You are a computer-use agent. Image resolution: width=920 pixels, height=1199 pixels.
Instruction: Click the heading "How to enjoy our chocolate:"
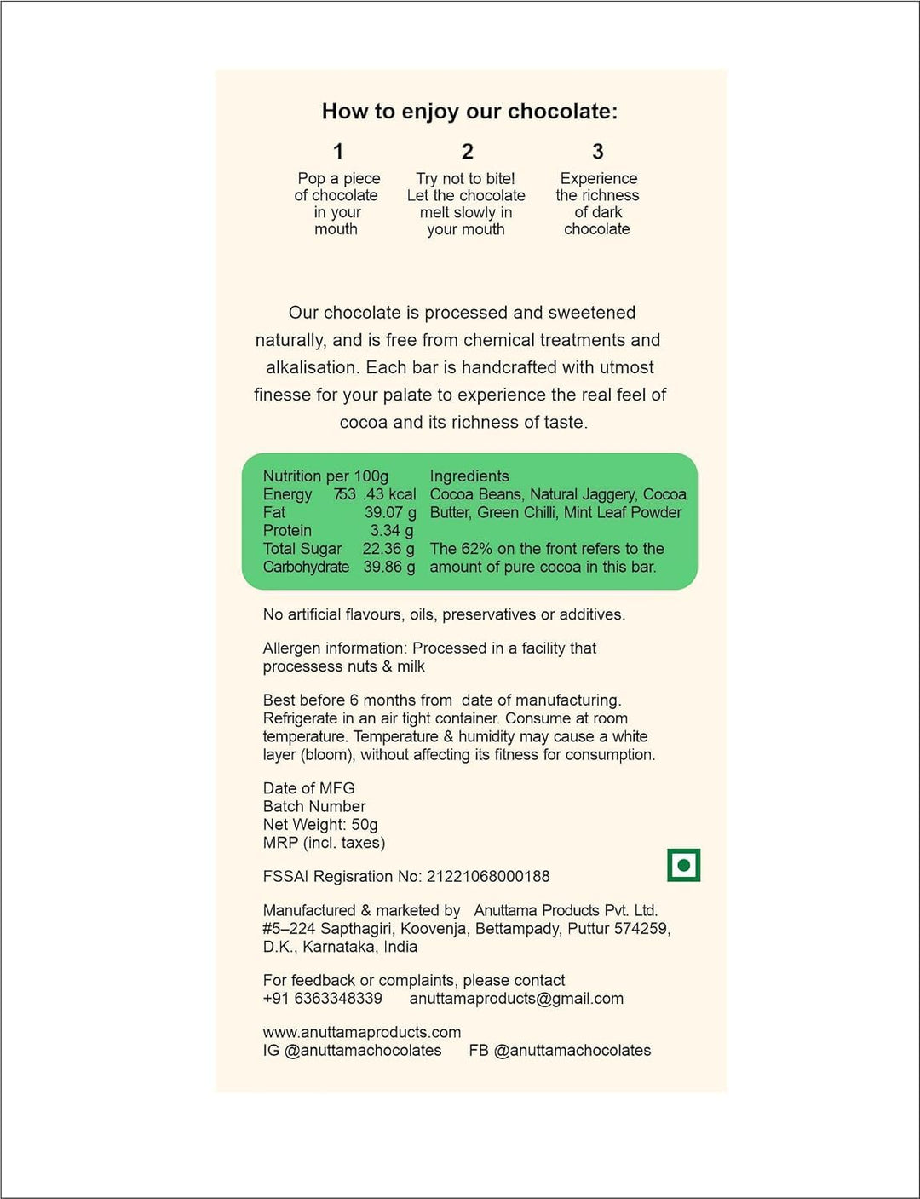469,112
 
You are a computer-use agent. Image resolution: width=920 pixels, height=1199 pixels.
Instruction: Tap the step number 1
338,152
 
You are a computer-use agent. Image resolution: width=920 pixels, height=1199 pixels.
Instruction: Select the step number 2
467,152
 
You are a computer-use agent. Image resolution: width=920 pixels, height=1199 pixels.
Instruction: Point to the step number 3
597,152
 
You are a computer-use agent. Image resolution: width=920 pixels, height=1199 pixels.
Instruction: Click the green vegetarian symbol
683,865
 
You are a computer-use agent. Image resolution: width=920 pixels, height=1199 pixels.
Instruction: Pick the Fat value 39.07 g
390,512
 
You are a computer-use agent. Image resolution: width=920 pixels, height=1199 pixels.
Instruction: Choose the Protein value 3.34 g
392,531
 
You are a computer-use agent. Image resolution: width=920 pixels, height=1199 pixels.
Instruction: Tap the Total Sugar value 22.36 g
388,549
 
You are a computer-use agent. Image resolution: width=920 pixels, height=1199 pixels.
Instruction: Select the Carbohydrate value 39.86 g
389,567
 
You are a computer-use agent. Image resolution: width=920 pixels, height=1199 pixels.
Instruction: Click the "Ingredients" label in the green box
469,476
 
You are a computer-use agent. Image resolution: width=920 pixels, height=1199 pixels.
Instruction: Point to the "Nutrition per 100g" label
325,476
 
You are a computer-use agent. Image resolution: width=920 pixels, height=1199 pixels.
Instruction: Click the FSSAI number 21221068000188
488,876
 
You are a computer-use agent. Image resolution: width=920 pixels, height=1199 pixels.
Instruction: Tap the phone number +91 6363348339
322,998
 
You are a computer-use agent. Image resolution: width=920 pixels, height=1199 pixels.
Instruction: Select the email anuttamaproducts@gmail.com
516,998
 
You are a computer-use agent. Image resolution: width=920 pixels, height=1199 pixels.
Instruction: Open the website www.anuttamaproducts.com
362,1032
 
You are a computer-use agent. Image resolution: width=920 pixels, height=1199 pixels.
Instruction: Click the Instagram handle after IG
363,1050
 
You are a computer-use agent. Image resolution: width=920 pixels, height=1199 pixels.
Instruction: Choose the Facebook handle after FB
572,1050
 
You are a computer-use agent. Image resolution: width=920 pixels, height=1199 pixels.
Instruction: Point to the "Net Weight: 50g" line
320,824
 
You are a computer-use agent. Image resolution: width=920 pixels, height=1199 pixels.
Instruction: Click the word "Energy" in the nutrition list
287,494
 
